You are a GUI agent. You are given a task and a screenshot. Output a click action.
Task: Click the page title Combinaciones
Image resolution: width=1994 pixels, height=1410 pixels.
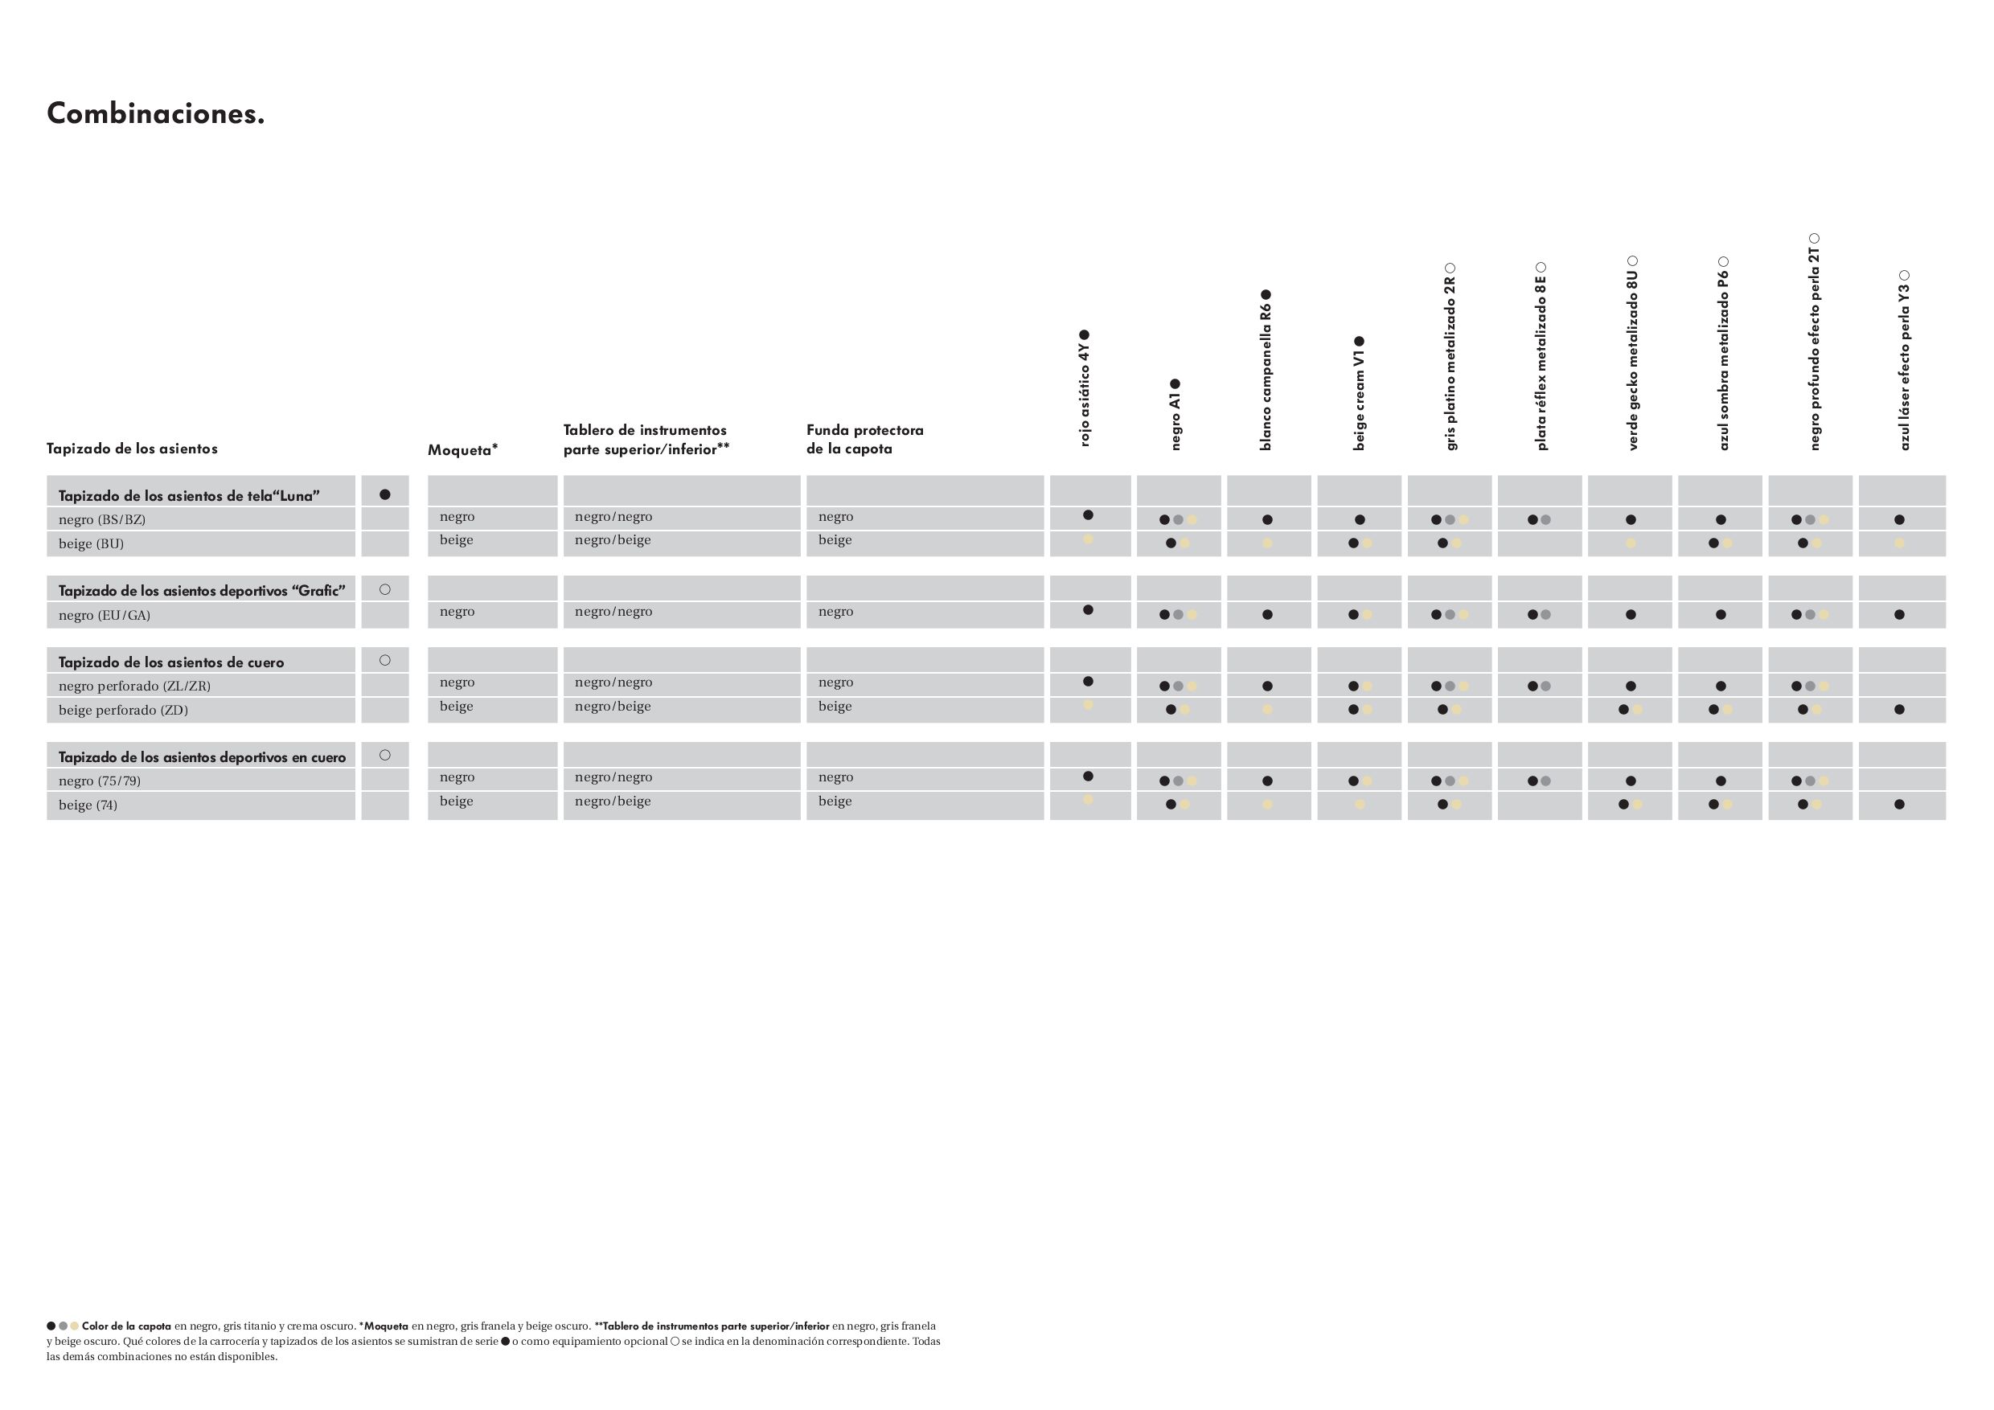click(x=155, y=113)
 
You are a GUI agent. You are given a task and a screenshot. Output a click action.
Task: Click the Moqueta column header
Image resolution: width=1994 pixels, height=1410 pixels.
click(x=462, y=449)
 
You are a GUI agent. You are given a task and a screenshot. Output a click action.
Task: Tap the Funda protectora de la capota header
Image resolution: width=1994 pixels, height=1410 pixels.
click(x=864, y=440)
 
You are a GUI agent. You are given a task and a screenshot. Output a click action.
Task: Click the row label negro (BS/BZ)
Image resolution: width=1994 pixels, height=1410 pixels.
click(x=101, y=520)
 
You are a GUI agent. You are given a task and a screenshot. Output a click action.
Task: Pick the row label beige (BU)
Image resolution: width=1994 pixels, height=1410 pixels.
click(x=91, y=544)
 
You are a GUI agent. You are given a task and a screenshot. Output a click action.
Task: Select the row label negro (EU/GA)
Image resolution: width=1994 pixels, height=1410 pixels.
click(x=105, y=616)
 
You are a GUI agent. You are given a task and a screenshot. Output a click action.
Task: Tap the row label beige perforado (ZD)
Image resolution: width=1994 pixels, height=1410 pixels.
click(x=123, y=710)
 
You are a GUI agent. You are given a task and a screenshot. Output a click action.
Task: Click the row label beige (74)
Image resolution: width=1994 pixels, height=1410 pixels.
click(x=88, y=805)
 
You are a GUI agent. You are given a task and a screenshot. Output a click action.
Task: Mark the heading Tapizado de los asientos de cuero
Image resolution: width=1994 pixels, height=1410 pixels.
click(x=171, y=662)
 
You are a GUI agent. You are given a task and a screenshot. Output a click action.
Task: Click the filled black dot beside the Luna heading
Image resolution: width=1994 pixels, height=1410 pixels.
click(x=385, y=495)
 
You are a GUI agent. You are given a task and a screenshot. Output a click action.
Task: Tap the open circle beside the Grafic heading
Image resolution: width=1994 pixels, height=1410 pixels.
click(x=385, y=589)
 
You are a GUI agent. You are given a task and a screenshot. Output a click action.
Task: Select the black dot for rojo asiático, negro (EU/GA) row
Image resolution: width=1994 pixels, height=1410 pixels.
click(x=1088, y=610)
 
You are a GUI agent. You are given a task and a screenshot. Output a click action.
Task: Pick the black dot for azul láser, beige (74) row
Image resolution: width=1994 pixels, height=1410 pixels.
click(x=1899, y=805)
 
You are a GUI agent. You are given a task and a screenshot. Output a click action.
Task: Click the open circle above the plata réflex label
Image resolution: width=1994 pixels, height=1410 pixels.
click(x=1541, y=268)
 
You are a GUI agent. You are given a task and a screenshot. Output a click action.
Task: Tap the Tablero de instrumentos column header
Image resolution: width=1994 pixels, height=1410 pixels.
click(x=646, y=440)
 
